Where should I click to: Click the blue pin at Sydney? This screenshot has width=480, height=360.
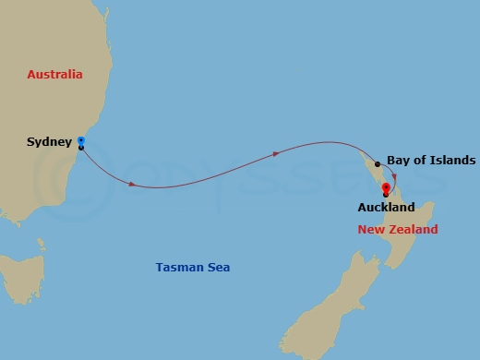81,141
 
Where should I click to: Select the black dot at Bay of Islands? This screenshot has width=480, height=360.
377,163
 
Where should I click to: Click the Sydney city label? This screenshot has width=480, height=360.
47,143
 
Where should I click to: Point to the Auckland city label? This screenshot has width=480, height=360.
386,208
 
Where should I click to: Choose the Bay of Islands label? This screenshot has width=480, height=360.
431,160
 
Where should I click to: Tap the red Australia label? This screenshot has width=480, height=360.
55,74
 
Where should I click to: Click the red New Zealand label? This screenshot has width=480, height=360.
398,229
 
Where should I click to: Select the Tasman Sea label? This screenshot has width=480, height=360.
193,268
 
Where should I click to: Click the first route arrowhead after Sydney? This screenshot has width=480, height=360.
132,185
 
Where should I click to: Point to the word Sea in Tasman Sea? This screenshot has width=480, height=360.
219,268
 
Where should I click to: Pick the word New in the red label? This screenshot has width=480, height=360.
369,229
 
